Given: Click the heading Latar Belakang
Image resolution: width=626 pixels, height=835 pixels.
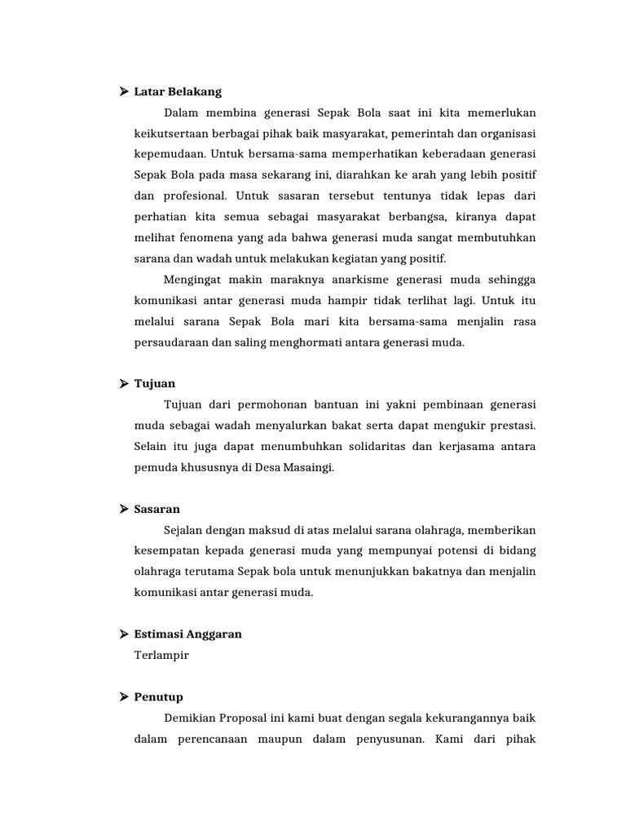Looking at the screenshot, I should tap(178, 91).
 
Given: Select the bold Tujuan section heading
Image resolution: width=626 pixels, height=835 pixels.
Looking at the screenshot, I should tap(155, 383).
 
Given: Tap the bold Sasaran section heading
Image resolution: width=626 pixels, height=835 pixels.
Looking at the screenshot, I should tap(157, 509).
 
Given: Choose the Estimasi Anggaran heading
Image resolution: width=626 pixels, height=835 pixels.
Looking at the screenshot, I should tap(188, 634).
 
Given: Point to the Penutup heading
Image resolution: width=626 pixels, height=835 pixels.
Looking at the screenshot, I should tap(159, 696).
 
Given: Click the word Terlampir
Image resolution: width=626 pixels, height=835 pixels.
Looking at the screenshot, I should tap(161, 655).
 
